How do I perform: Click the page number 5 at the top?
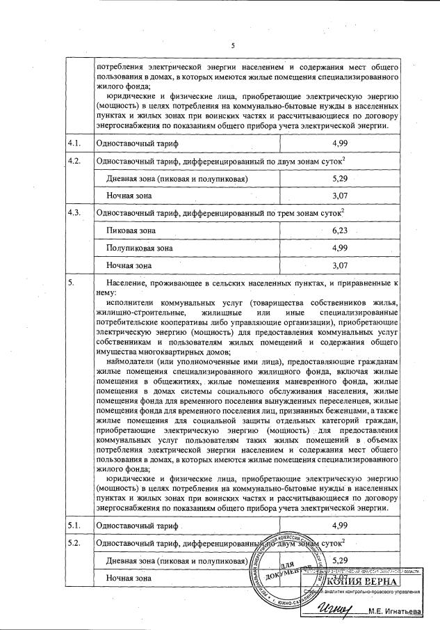[234, 46]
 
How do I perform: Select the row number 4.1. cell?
[74, 143]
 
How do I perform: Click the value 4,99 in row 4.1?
[340, 143]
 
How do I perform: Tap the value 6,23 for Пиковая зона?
[340, 230]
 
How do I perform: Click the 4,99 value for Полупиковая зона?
[340, 248]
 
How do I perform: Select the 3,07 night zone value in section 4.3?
[340, 265]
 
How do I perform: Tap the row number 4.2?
[74, 161]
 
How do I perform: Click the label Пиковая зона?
[131, 230]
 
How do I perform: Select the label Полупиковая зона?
[140, 248]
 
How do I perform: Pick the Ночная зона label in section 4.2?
[129, 196]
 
